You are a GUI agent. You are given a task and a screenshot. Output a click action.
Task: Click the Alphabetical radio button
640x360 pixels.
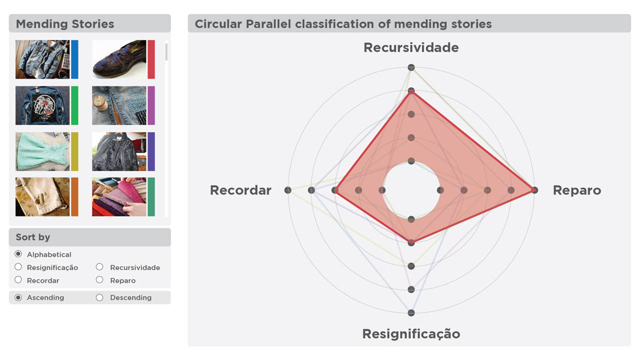[x=18, y=254]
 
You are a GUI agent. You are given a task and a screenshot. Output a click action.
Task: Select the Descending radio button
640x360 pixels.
[x=99, y=297]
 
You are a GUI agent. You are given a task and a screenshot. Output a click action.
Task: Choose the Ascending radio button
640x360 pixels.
[x=18, y=297]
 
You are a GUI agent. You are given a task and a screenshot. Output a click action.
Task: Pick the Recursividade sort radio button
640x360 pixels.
[x=99, y=267]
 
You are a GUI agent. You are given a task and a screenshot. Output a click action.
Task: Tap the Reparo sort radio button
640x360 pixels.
[x=99, y=280]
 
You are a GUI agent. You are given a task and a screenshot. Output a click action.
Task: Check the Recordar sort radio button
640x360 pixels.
[x=18, y=280]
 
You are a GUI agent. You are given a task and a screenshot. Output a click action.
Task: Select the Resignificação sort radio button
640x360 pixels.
[x=18, y=267]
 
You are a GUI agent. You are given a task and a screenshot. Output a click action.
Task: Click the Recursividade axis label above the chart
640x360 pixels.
[x=411, y=47]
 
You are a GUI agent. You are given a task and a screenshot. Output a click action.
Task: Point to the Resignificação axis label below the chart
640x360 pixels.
[x=411, y=333]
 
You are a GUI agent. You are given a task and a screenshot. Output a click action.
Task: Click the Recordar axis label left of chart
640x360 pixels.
[x=240, y=190]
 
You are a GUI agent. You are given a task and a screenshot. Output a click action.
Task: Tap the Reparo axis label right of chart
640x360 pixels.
[x=576, y=190]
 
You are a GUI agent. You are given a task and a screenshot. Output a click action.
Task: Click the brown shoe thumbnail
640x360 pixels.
[x=119, y=59]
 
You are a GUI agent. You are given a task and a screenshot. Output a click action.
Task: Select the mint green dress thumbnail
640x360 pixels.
[x=42, y=151]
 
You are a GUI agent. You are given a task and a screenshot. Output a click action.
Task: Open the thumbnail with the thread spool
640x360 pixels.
[x=119, y=105]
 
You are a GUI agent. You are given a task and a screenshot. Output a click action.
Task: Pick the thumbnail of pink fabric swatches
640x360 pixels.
[x=119, y=197]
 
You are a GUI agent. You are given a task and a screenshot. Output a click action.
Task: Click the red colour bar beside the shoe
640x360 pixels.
[x=151, y=59]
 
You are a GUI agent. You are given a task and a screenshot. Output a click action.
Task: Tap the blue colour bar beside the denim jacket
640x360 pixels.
[x=74, y=59]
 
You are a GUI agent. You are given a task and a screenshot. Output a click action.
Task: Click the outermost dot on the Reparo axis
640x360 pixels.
[x=534, y=190]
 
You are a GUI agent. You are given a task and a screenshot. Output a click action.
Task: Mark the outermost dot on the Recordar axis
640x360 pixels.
[x=287, y=190]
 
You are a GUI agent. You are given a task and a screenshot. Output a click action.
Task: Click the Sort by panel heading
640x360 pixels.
[x=89, y=237]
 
